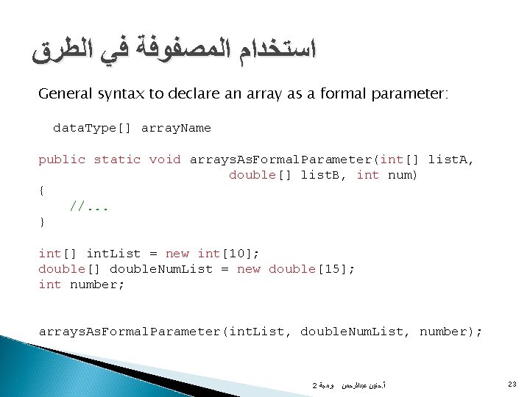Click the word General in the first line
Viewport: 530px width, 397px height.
pyautogui.click(x=63, y=95)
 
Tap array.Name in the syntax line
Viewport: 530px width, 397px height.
pyautogui.click(x=176, y=128)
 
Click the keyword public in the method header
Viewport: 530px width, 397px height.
pyautogui.click(x=62, y=159)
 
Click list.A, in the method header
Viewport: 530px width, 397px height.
pyautogui.click(x=451, y=159)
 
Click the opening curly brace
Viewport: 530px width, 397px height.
pyautogui.click(x=41, y=190)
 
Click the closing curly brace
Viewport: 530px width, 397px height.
pyautogui.click(x=41, y=221)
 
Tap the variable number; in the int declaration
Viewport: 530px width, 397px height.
pyautogui.click(x=98, y=285)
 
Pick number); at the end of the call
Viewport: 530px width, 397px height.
pyautogui.click(x=451, y=332)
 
